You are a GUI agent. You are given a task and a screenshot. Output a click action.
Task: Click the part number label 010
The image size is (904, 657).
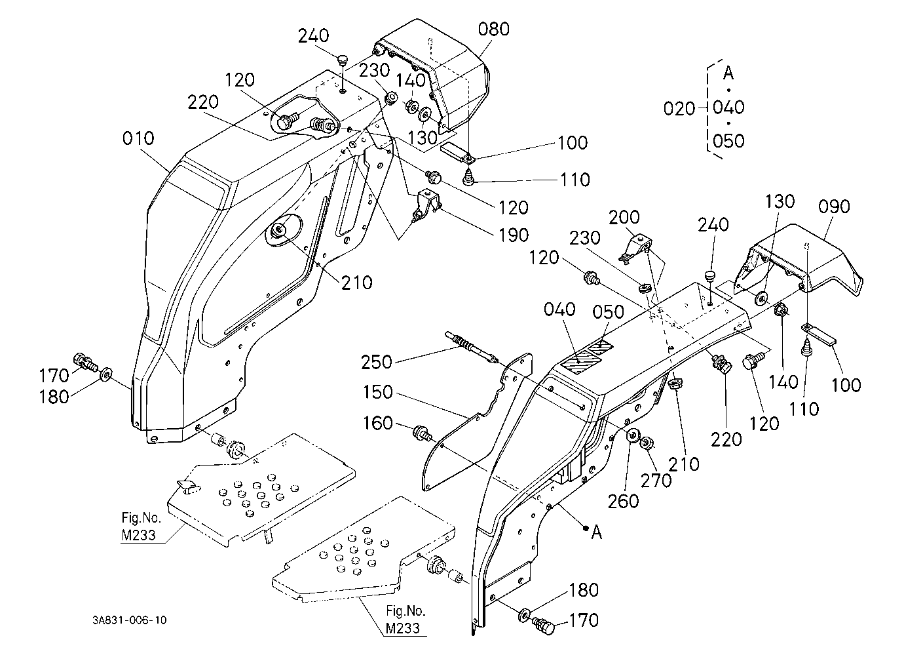pyautogui.click(x=138, y=138)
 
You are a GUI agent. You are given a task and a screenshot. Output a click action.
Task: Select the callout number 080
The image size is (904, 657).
pyautogui.click(x=493, y=29)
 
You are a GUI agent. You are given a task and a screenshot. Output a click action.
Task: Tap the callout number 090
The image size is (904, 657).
pyautogui.click(x=834, y=207)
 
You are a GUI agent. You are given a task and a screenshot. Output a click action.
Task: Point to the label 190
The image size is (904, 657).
pyautogui.click(x=514, y=235)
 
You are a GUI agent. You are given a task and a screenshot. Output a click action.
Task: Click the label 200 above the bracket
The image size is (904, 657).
pyautogui.click(x=624, y=218)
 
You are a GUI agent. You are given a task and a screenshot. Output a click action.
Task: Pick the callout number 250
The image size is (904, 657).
pyautogui.click(x=376, y=362)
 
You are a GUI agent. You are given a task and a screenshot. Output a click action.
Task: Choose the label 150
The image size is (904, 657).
pyautogui.click(x=378, y=392)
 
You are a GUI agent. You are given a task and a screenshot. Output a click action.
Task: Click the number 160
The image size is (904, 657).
pyautogui.click(x=378, y=423)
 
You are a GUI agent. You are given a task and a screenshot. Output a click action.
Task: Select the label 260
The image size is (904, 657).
pyautogui.click(x=624, y=501)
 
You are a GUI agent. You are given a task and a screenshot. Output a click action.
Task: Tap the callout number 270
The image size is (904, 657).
pyautogui.click(x=656, y=481)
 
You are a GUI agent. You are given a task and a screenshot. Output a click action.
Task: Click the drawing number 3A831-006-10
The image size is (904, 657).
pyautogui.click(x=129, y=620)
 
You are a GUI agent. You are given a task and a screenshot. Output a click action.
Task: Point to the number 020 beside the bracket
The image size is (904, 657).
pyautogui.click(x=679, y=108)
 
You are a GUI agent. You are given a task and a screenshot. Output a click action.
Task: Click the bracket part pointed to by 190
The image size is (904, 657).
pyautogui.click(x=426, y=205)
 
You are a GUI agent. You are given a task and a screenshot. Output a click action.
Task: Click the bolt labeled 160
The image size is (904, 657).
pyautogui.click(x=421, y=433)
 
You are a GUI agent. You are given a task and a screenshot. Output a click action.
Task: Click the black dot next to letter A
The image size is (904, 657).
pyautogui.click(x=584, y=527)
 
